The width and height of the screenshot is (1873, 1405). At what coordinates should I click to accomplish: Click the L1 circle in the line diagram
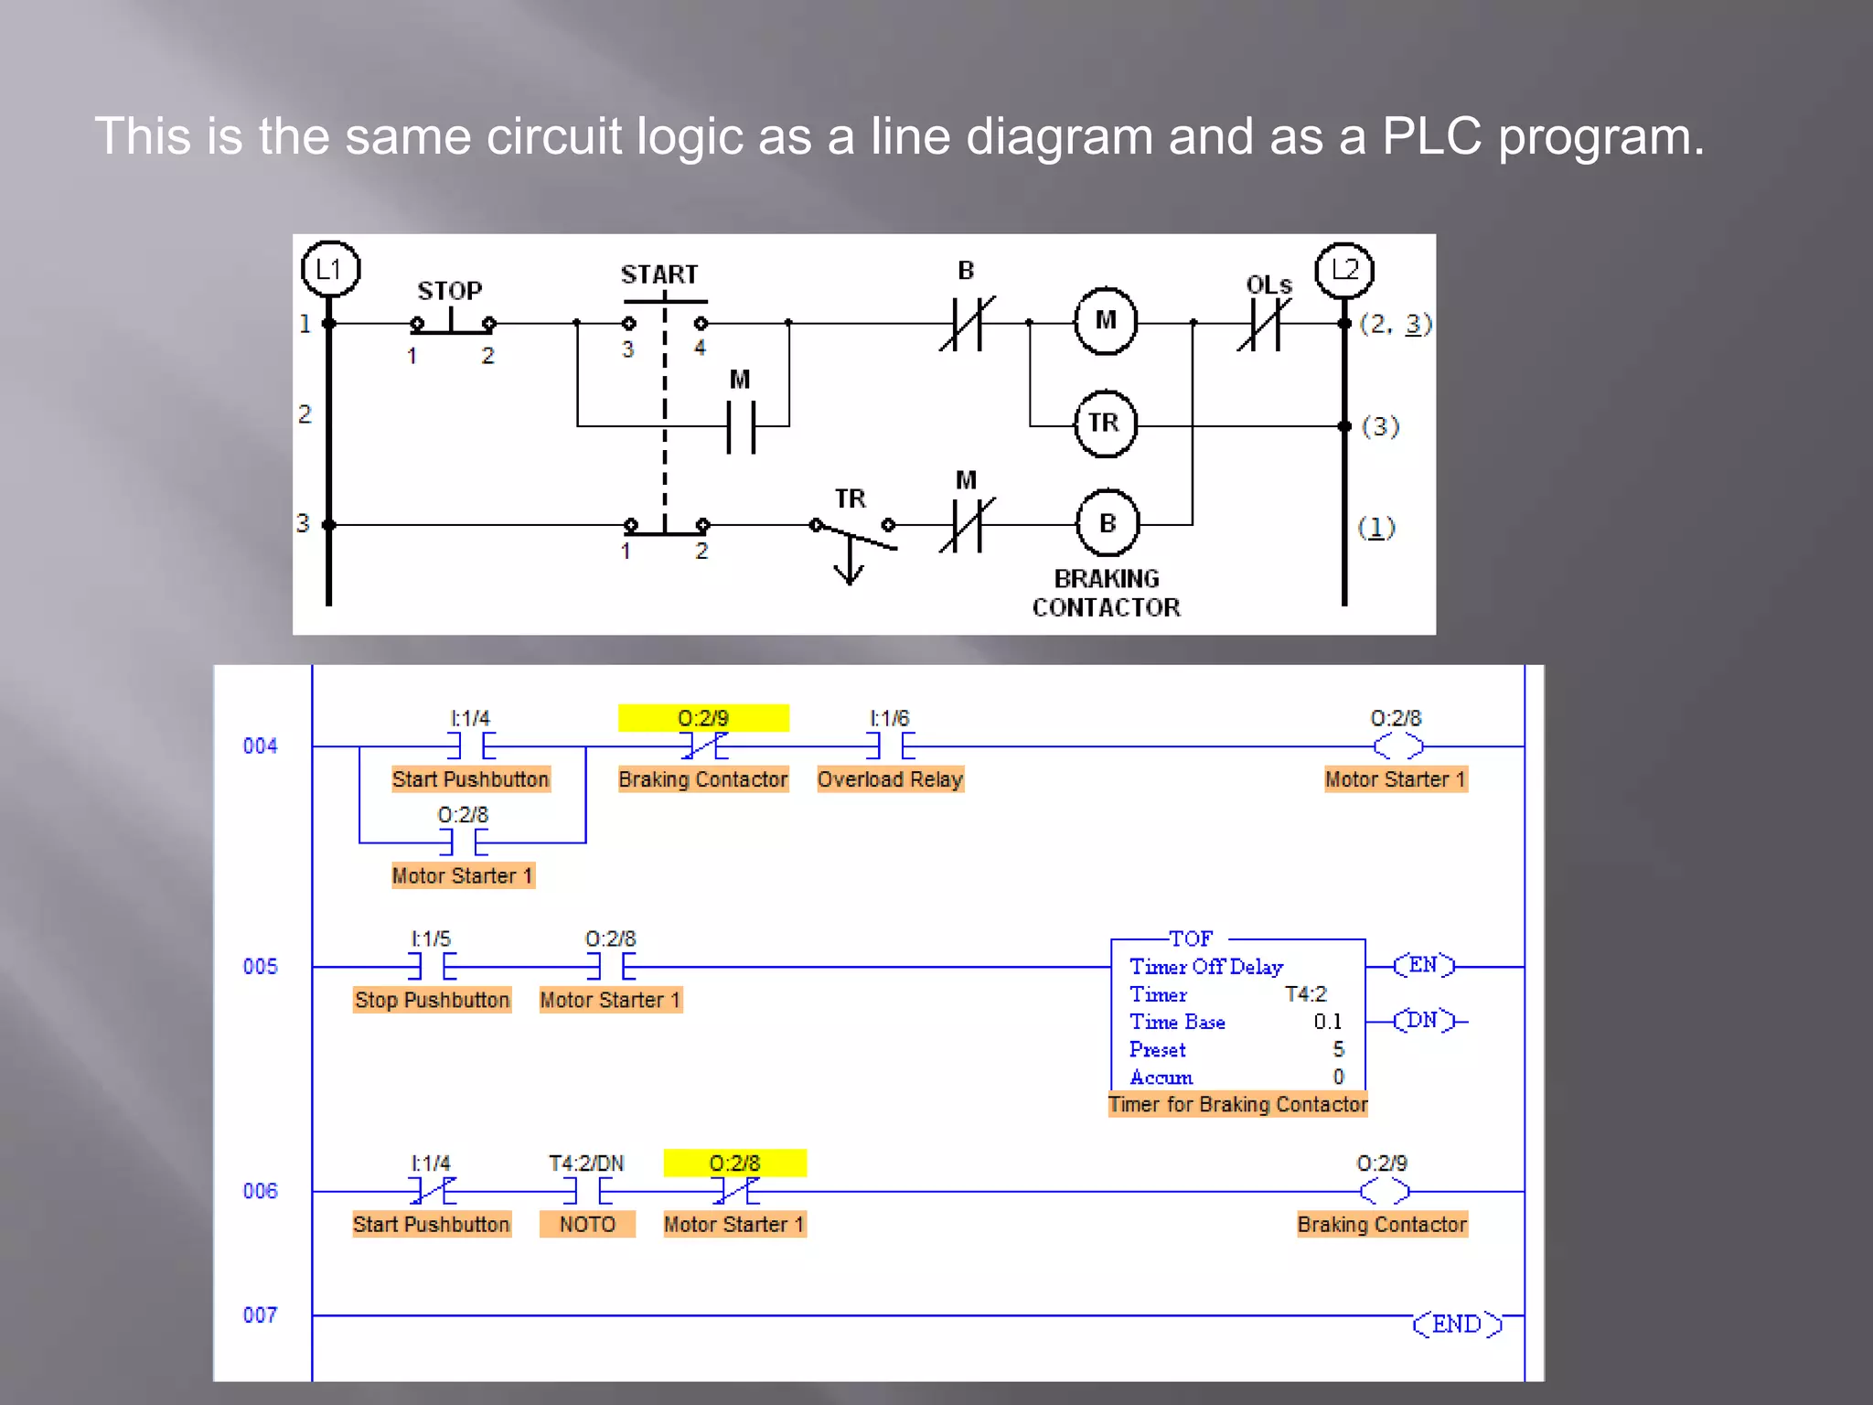pyautogui.click(x=330, y=269)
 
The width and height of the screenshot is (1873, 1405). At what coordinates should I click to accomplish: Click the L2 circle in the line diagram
pyautogui.click(x=1343, y=270)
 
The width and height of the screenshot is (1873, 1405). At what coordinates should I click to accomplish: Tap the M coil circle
pyautogui.click(x=1106, y=320)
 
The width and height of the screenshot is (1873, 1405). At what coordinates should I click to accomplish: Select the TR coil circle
pyautogui.click(x=1105, y=423)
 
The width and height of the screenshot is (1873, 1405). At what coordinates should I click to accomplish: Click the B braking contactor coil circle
pyautogui.click(x=1108, y=523)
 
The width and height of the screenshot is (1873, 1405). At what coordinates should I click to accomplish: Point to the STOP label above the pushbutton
pyautogui.click(x=449, y=291)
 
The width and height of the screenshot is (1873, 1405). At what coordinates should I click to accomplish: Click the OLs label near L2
pyautogui.click(x=1268, y=285)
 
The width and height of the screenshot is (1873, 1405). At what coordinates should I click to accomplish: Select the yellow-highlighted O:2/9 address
pyautogui.click(x=702, y=718)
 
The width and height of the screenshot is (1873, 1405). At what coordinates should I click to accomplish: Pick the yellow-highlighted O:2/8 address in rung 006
pyautogui.click(x=734, y=1163)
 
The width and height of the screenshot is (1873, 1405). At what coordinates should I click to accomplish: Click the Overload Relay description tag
pyautogui.click(x=890, y=779)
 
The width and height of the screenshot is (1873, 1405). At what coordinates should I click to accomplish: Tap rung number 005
pyautogui.click(x=260, y=967)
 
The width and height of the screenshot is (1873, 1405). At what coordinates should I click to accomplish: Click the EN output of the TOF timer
pyautogui.click(x=1423, y=965)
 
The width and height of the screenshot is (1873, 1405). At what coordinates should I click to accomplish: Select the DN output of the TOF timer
pyautogui.click(x=1423, y=1020)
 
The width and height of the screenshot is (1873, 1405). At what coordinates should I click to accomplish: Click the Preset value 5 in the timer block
pyautogui.click(x=1338, y=1049)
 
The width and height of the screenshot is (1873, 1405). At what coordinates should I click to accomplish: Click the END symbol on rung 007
pyautogui.click(x=1457, y=1324)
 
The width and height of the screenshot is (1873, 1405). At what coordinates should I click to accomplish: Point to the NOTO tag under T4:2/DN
pyautogui.click(x=587, y=1224)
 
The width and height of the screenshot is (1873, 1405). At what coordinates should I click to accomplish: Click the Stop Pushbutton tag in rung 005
pyautogui.click(x=432, y=1000)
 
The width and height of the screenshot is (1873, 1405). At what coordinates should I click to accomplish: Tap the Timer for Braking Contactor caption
pyautogui.click(x=1237, y=1104)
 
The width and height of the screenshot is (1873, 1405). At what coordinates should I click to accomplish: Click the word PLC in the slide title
pyautogui.click(x=1432, y=137)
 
